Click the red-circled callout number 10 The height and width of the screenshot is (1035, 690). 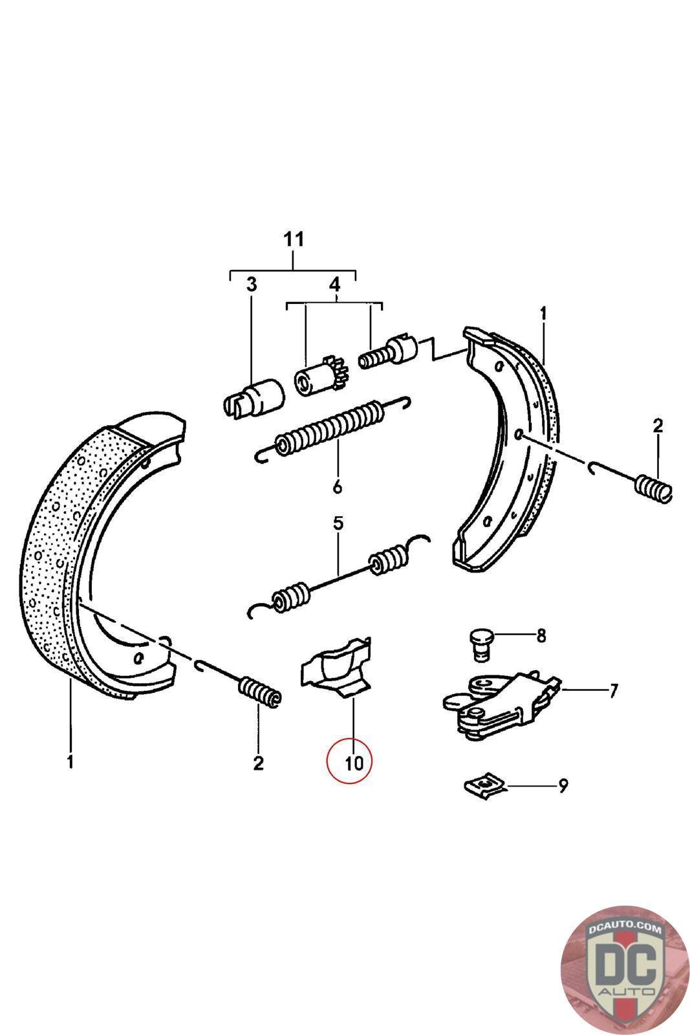354,762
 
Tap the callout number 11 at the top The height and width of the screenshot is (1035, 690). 294,239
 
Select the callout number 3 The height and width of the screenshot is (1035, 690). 251,285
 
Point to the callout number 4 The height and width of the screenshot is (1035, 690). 334,285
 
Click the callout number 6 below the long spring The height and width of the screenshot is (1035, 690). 337,486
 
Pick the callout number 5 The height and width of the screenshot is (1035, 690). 338,523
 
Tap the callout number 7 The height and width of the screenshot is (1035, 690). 612,690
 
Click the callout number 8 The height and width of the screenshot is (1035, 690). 541,636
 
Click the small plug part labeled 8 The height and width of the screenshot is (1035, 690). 480,643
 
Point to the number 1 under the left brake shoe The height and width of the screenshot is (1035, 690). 70,761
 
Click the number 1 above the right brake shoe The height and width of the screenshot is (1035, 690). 543,314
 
